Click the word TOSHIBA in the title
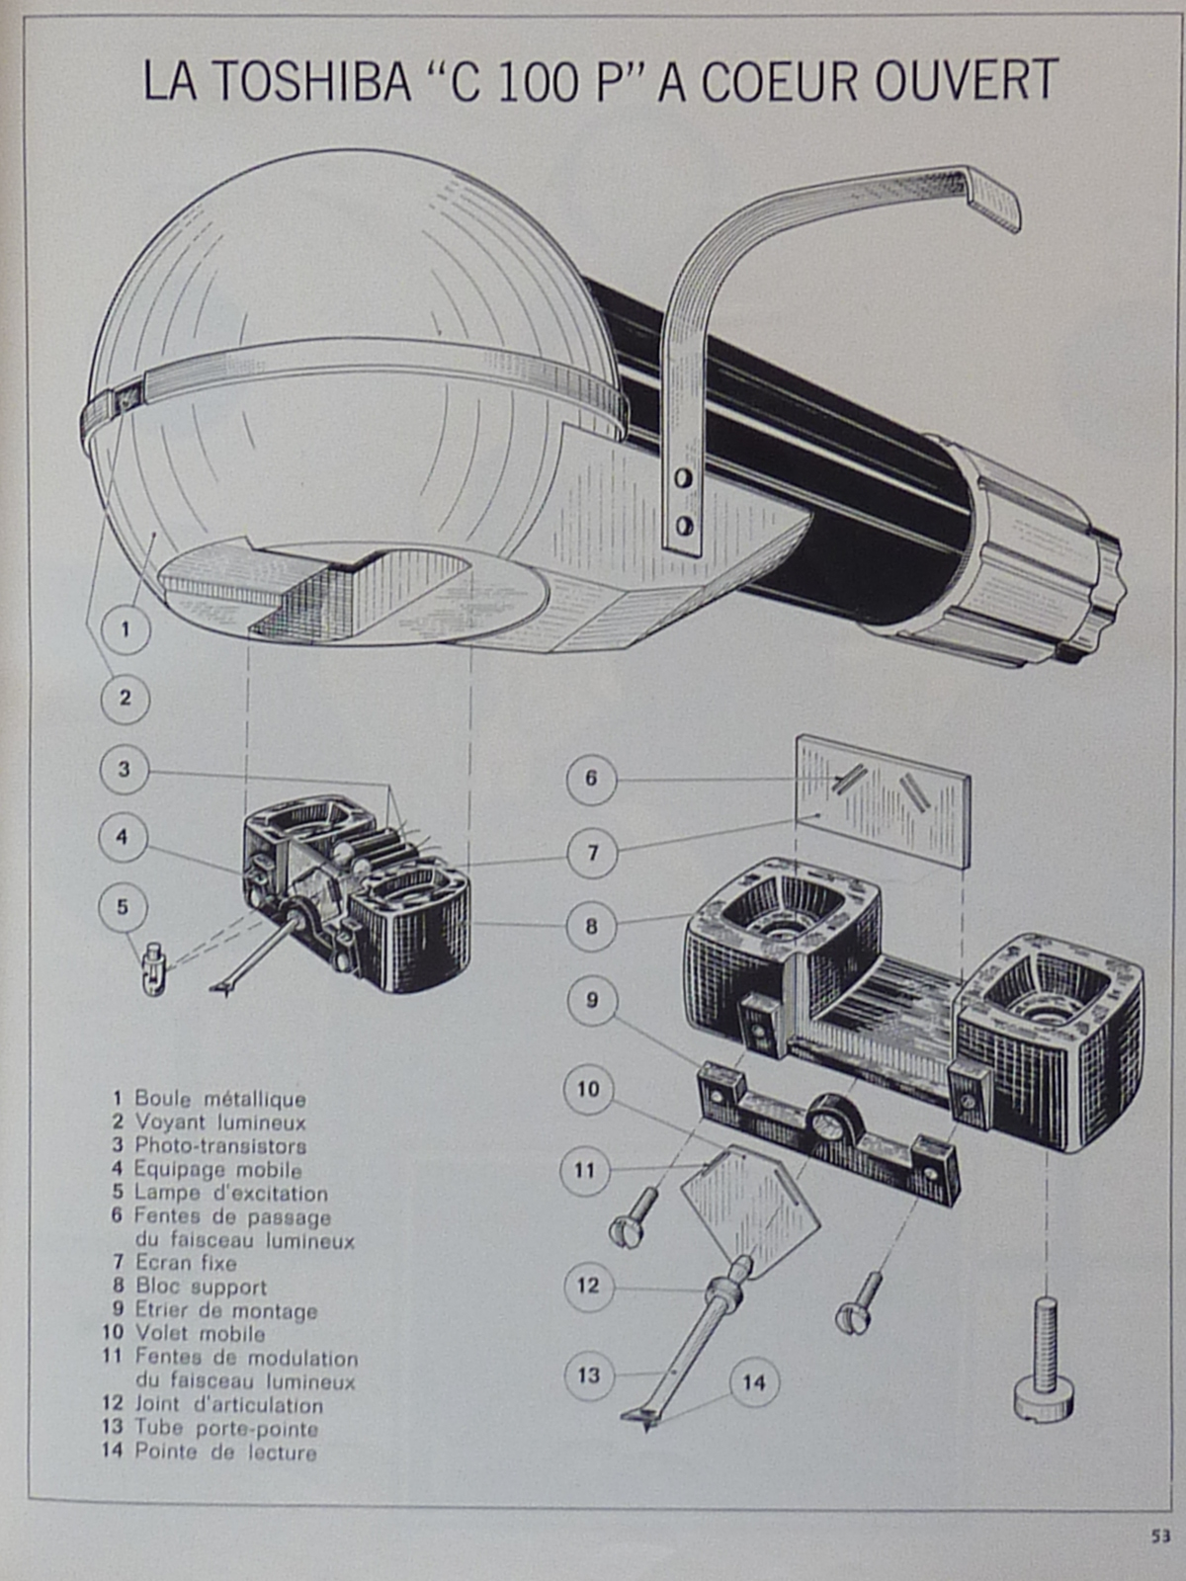pos(310,81)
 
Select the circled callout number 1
pos(126,628)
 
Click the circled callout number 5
pos(123,907)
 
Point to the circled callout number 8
pos(591,927)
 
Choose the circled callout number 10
pos(588,1089)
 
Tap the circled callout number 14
pos(754,1382)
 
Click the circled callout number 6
pos(591,779)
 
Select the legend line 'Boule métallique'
pos(219,1099)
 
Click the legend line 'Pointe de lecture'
pos(225,1453)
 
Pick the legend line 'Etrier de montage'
pos(225,1311)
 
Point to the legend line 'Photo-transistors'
pos(219,1146)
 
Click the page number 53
pos(1159,1537)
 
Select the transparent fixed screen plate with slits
pos(883,800)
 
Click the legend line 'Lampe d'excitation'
pos(230,1193)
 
